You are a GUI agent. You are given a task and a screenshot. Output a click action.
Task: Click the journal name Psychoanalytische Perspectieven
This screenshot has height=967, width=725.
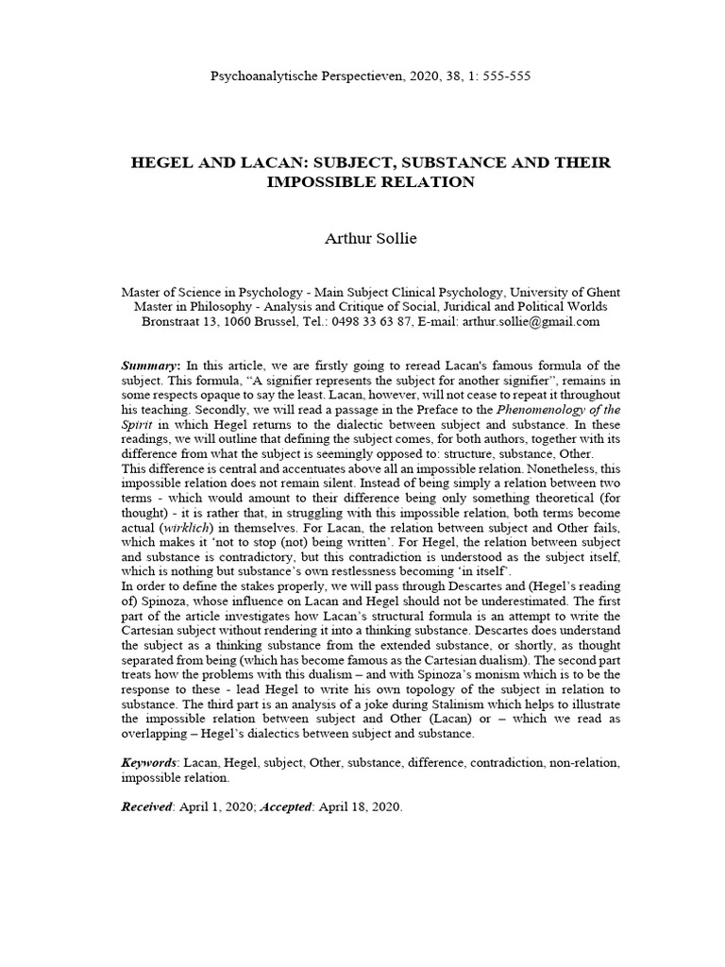point(306,76)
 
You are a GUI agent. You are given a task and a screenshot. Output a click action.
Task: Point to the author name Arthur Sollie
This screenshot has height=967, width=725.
point(362,239)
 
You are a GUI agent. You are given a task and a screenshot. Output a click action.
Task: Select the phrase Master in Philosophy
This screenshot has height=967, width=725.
point(184,307)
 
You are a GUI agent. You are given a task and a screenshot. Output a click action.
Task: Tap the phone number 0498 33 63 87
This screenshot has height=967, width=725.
point(367,322)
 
